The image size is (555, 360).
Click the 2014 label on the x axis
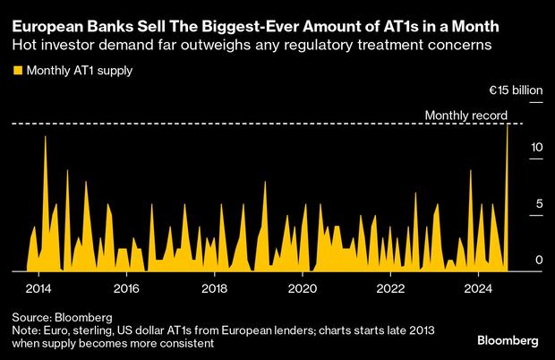pyautogui.click(x=38, y=288)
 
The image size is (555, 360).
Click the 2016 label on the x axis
pyautogui.click(x=126, y=288)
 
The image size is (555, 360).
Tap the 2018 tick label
pyautogui.click(x=214, y=288)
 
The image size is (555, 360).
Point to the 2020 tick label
pyautogui.click(x=303, y=288)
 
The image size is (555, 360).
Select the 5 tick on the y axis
pyautogui.click(x=539, y=203)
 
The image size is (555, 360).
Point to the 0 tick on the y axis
pyautogui.click(x=539, y=260)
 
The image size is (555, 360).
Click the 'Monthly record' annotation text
pyautogui.click(x=465, y=116)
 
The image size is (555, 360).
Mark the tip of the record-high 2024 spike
pyautogui.click(x=508, y=124)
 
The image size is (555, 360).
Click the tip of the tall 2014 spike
pyautogui.click(x=46, y=136)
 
